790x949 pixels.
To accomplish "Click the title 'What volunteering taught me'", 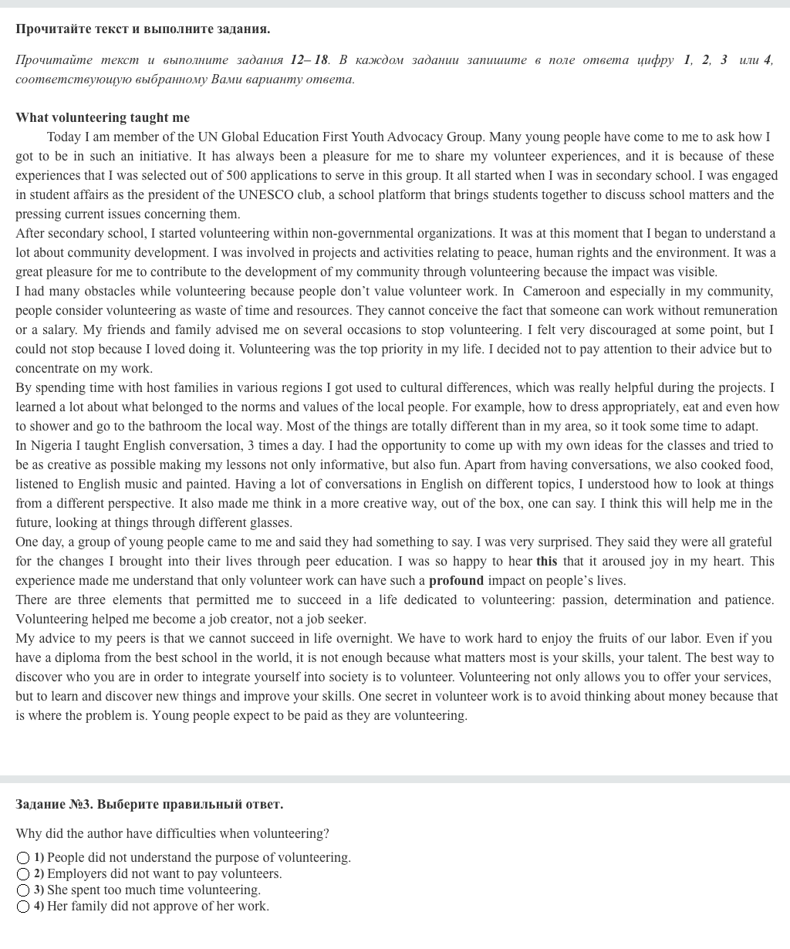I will (x=102, y=117).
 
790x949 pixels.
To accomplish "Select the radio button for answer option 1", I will (x=23, y=858).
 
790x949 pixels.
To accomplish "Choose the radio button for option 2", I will (x=23, y=874).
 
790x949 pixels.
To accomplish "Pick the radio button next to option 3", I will (x=23, y=890).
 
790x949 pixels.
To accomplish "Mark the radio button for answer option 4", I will (x=23, y=907).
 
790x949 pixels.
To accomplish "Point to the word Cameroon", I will (x=552, y=291).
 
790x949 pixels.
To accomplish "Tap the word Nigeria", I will (x=53, y=445).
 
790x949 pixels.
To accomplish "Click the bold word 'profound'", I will (x=456, y=580).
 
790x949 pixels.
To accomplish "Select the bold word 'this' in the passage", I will (x=546, y=561).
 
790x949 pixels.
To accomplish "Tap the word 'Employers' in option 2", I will (x=78, y=874).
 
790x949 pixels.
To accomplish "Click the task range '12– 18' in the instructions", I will (x=309, y=59).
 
